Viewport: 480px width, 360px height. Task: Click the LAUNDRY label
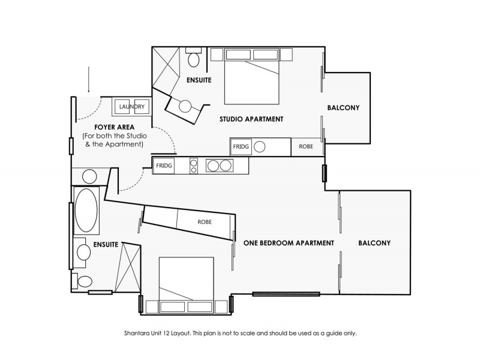click(x=131, y=107)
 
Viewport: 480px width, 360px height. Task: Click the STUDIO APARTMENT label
click(x=251, y=119)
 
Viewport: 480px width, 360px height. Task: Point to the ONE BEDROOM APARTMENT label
click(x=289, y=243)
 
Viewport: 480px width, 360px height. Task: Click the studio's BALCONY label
click(x=343, y=108)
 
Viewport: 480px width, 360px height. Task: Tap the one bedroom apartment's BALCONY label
click(x=374, y=243)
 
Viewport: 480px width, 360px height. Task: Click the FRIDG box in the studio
click(x=241, y=146)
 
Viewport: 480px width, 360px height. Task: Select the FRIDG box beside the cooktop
click(x=164, y=165)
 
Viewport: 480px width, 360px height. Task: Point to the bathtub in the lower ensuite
click(x=86, y=210)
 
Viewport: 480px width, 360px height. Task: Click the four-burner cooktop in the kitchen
click(x=194, y=165)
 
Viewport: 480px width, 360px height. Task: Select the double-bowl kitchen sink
click(x=218, y=165)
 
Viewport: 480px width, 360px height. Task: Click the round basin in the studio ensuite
click(x=185, y=106)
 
